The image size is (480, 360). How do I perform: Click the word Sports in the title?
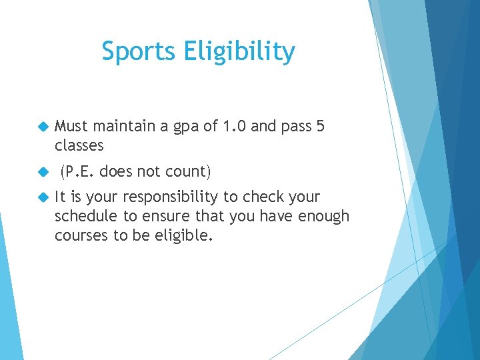[x=137, y=51]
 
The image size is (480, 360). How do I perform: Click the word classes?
[x=79, y=145]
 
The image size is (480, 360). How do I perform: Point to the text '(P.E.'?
[x=78, y=172]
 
